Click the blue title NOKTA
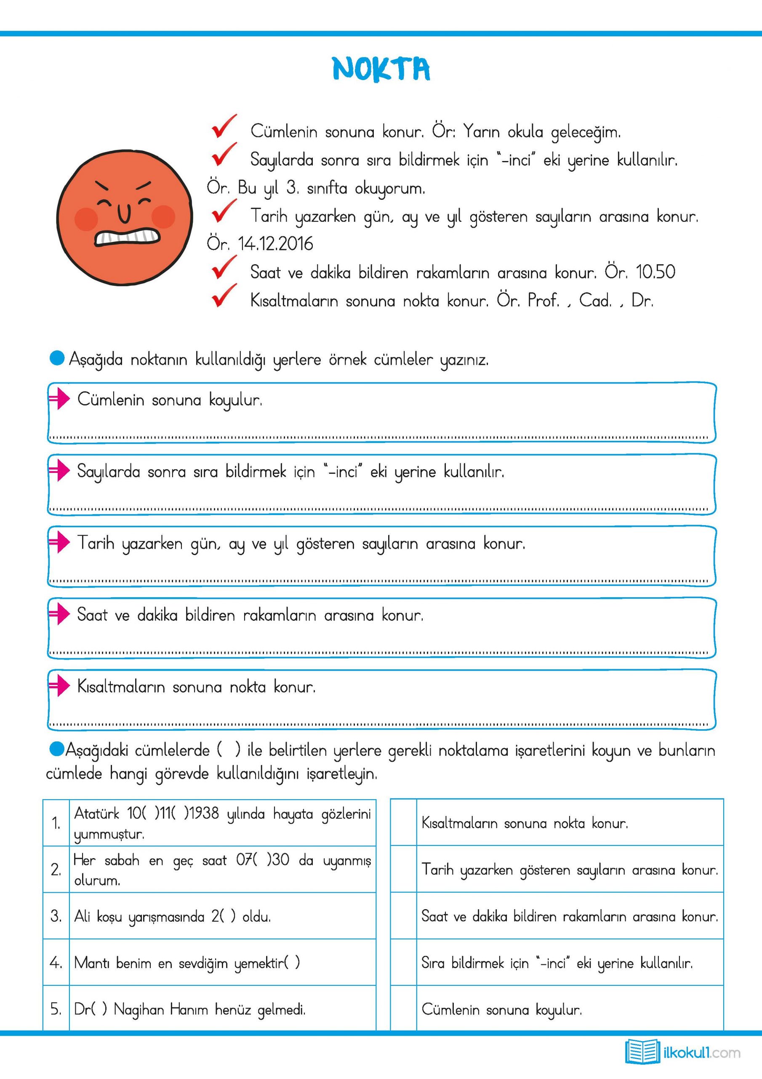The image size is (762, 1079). point(381,69)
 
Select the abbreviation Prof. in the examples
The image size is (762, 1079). point(543,300)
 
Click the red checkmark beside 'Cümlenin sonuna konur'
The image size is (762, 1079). point(224,127)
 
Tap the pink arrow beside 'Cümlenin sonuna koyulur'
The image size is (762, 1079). point(60,400)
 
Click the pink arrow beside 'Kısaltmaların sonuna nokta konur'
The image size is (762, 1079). point(60,687)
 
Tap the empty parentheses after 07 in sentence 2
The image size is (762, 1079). point(262,860)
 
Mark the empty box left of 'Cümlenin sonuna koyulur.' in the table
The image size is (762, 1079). point(403,1009)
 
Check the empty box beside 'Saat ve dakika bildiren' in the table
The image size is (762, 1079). point(403,916)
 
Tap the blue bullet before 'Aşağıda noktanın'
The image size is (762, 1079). point(57,359)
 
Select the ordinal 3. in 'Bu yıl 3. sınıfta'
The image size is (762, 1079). point(293,188)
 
